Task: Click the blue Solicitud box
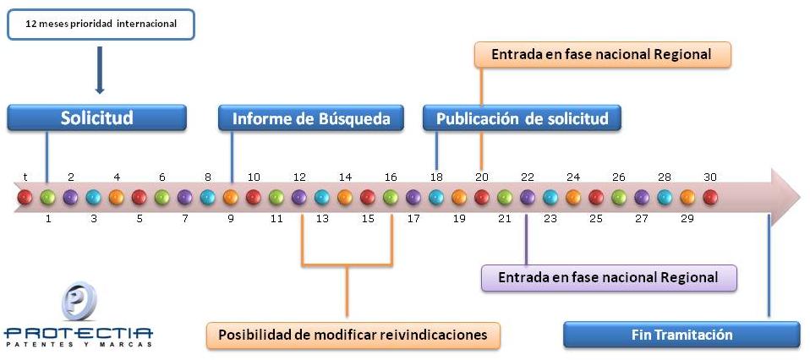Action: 96,117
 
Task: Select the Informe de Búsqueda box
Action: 311,118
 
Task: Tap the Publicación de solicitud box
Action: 522,118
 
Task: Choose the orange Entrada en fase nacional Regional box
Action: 602,55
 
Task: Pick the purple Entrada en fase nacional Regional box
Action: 609,278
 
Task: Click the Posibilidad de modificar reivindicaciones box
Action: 353,335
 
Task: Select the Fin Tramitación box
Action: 681,335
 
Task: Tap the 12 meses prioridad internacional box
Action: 101,25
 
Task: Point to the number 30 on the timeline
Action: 710,177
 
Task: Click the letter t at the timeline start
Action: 25,177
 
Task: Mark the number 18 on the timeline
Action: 436,177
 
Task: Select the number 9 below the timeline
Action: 231,219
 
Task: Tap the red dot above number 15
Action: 368,197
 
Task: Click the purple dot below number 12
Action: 299,197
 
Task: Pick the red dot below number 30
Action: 710,197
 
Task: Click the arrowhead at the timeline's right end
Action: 785,197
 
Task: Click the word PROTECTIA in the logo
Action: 79,333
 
